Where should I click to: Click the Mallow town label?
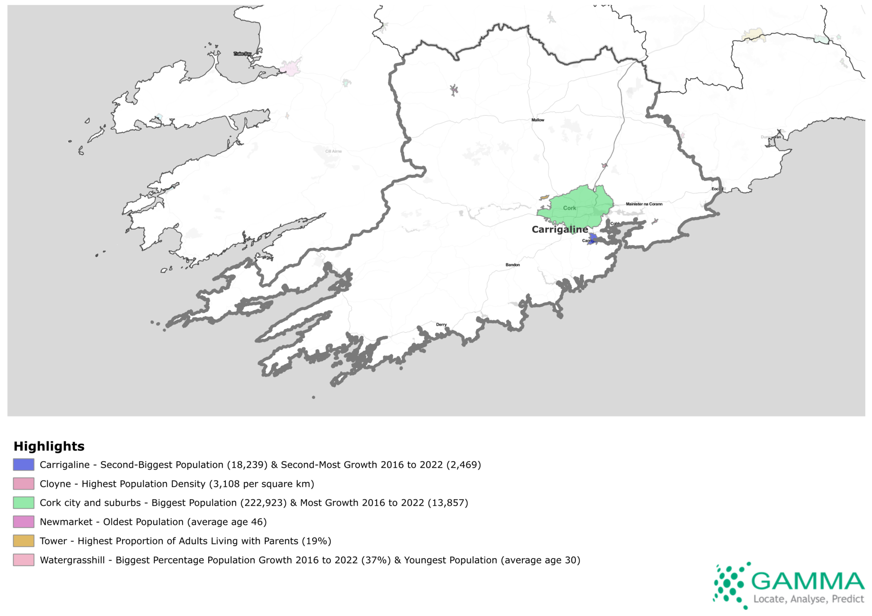(x=538, y=120)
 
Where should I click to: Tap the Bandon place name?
(x=513, y=265)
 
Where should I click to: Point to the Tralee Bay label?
(x=242, y=54)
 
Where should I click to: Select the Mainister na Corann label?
(x=644, y=204)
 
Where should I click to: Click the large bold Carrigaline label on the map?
(x=559, y=230)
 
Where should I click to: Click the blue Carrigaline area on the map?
(x=592, y=238)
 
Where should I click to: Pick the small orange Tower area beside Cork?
(x=544, y=198)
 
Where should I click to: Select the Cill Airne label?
(x=333, y=151)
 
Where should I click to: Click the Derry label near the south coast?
(x=442, y=325)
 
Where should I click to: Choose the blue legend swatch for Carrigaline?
(x=23, y=465)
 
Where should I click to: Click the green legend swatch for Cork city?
(x=23, y=503)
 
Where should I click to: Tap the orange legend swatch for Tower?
(x=23, y=541)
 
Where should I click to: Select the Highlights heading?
(x=49, y=446)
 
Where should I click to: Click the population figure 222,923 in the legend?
(x=264, y=503)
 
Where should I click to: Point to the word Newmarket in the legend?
(x=66, y=522)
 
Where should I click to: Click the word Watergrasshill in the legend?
(x=72, y=560)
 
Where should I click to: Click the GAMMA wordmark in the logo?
(x=808, y=581)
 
